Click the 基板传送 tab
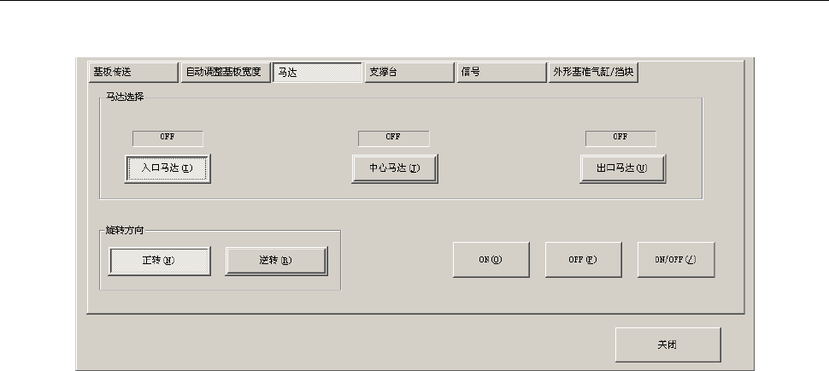[132, 73]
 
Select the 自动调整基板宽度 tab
[225, 73]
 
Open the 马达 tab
[317, 73]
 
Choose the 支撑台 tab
[409, 73]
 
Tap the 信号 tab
[501, 73]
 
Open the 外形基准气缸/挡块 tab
[593, 73]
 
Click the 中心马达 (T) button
[395, 168]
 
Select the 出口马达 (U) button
[622, 168]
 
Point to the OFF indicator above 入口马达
[168, 138]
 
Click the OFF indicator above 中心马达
[393, 138]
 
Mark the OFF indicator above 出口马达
[620, 138]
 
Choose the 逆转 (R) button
[276, 261]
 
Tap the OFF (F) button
[583, 260]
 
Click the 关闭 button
[667, 344]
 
